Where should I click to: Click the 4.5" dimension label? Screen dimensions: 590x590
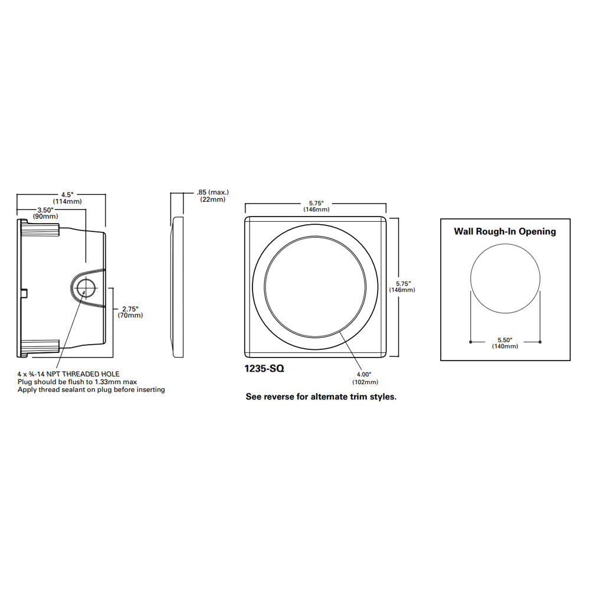click(x=67, y=195)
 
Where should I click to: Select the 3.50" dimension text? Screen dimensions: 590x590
click(x=45, y=210)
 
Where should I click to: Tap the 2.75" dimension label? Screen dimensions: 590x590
click(x=130, y=309)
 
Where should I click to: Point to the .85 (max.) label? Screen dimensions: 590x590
click(x=212, y=192)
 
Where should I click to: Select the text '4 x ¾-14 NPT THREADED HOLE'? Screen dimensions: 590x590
click(x=68, y=374)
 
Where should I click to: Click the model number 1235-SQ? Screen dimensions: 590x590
click(x=264, y=369)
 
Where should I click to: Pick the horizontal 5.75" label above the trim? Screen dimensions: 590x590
click(x=316, y=203)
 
